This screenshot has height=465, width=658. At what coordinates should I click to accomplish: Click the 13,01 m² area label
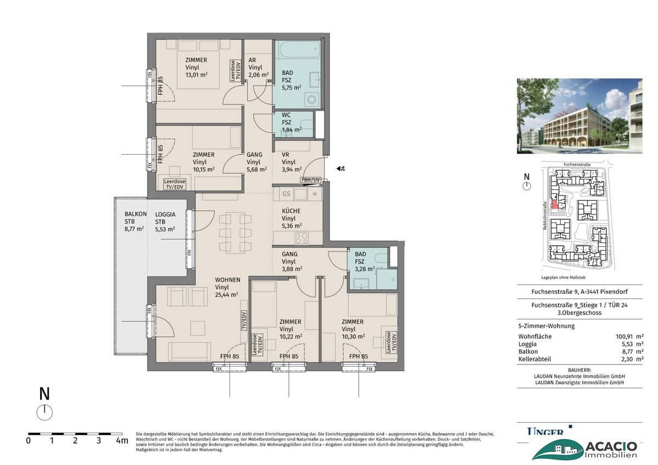[x=196, y=76]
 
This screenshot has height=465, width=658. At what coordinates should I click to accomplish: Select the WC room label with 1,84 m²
[x=286, y=115]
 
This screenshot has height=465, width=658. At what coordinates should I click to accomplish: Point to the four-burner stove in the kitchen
[x=302, y=237]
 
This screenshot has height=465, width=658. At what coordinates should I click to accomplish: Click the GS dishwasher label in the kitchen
[x=286, y=194]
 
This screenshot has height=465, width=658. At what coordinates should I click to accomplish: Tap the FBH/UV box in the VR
[x=310, y=180]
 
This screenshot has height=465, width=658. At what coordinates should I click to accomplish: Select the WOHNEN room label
[x=227, y=280]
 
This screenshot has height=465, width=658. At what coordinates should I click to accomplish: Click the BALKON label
[x=135, y=214]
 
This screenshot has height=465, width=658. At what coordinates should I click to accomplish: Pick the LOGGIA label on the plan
[x=166, y=214]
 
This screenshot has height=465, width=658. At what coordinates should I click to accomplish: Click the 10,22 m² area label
[x=291, y=337]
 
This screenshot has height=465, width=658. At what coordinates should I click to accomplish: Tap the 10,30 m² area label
[x=353, y=337]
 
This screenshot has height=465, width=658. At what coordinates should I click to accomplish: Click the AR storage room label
[x=253, y=60]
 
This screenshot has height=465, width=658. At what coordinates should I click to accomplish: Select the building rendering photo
[x=579, y=116]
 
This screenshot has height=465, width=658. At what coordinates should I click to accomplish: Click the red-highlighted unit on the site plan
[x=554, y=205]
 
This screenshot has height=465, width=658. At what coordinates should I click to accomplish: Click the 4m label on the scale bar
[x=122, y=440]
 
